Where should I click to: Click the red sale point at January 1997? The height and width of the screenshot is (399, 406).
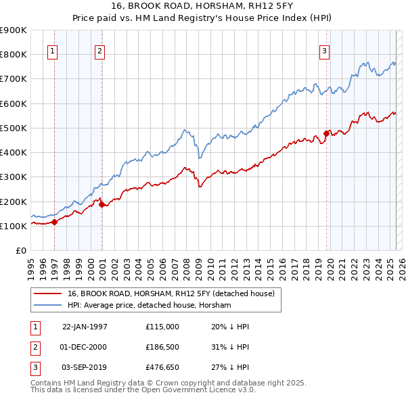click(55, 222)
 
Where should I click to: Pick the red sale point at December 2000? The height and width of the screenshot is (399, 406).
click(101, 205)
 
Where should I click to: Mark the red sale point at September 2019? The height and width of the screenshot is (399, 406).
click(326, 133)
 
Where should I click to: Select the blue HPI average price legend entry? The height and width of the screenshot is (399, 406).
click(149, 306)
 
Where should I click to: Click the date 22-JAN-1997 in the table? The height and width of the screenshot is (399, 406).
click(85, 326)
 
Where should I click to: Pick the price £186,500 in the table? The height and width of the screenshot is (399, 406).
click(162, 347)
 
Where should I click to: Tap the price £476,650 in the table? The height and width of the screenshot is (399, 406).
click(162, 367)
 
